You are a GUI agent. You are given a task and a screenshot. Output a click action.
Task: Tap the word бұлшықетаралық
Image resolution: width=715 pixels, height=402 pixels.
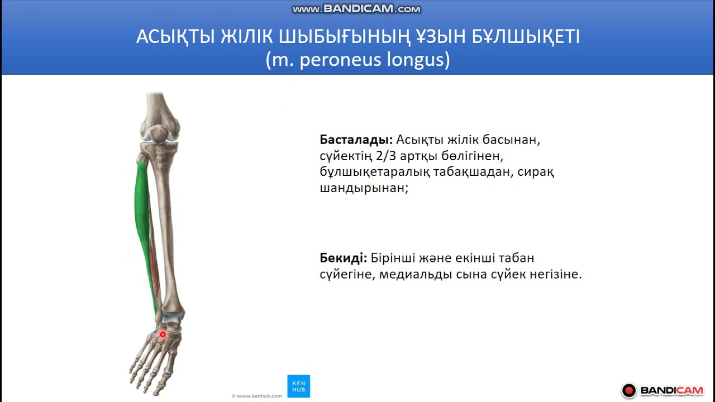point(375,172)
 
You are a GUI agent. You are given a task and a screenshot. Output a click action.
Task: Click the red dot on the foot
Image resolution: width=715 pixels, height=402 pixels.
point(163,334)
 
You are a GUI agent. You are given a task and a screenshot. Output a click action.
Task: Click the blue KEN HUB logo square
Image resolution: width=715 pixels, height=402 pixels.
point(298,386)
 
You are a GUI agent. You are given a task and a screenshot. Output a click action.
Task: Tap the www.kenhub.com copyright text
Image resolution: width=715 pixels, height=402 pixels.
point(256,396)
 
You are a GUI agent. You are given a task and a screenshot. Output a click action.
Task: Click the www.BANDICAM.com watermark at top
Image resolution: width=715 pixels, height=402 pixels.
point(356,9)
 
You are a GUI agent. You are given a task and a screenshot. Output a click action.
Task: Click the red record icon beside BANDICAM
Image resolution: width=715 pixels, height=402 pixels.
point(629,390)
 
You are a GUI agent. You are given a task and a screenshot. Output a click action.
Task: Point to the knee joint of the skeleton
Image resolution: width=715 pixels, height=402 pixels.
point(159,137)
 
